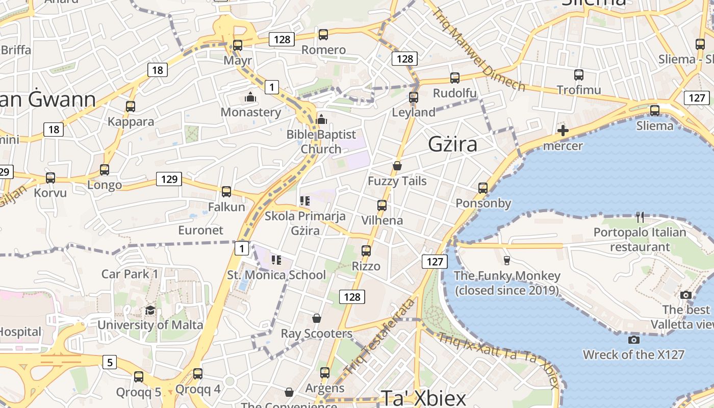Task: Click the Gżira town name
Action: [x=453, y=144]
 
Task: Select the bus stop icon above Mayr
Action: [x=238, y=45]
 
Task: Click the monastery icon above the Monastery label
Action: [x=250, y=96]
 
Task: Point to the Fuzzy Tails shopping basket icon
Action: [x=397, y=166]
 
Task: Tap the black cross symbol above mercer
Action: [x=563, y=131]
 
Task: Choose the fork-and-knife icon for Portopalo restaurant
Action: [x=641, y=217]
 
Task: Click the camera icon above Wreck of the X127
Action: [x=634, y=340]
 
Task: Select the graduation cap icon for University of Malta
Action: [x=150, y=310]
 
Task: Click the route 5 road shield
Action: [x=110, y=363]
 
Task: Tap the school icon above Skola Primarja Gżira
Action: [x=305, y=201]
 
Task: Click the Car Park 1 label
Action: [x=130, y=274]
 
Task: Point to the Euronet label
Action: [x=200, y=230]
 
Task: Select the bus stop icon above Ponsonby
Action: [x=483, y=188]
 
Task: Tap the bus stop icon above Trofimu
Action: [x=579, y=75]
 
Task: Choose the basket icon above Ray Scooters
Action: [x=317, y=319]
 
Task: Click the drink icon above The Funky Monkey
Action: [x=506, y=261]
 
